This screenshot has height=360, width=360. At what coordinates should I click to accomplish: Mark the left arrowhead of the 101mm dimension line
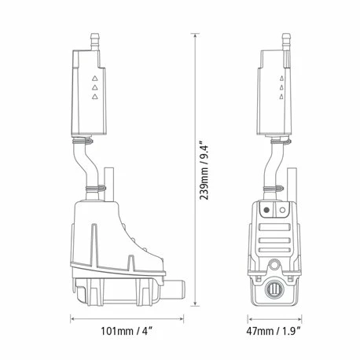point(73,320)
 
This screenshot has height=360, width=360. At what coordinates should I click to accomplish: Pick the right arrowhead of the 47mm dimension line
point(312,320)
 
